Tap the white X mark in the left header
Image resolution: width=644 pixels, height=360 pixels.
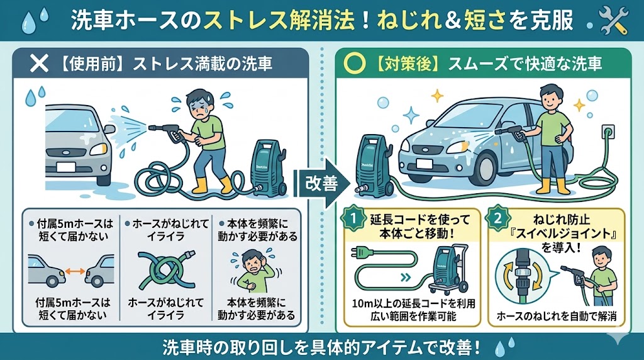39,64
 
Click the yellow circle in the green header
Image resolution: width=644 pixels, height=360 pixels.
354,64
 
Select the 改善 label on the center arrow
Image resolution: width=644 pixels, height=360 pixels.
321,183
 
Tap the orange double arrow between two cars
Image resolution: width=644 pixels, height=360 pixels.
75,271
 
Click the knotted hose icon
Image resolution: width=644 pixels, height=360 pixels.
166,270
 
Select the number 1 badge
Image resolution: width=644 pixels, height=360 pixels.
353,218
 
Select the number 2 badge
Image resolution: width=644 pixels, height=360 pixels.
497,218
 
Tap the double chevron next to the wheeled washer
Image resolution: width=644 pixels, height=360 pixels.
406,278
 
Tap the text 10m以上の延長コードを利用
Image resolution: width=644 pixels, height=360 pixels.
413,304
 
